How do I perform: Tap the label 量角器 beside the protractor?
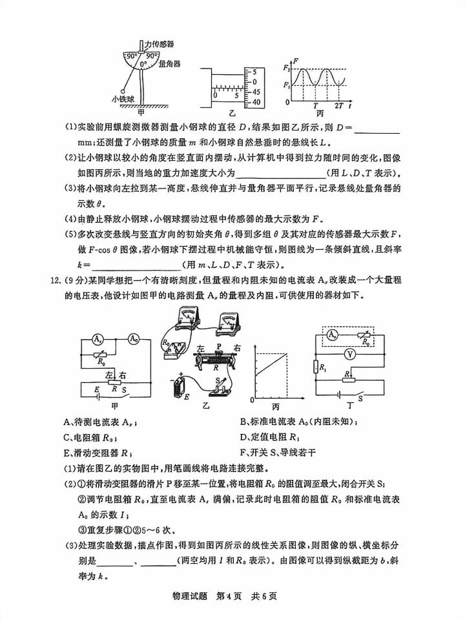pos(169,64)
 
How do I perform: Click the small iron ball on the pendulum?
pos(122,90)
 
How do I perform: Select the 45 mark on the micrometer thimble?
pos(256,92)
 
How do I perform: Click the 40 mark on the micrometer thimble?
pos(256,102)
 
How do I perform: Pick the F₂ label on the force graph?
pos(286,67)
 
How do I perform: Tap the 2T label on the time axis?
pos(339,105)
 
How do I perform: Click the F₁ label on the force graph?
pos(286,85)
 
